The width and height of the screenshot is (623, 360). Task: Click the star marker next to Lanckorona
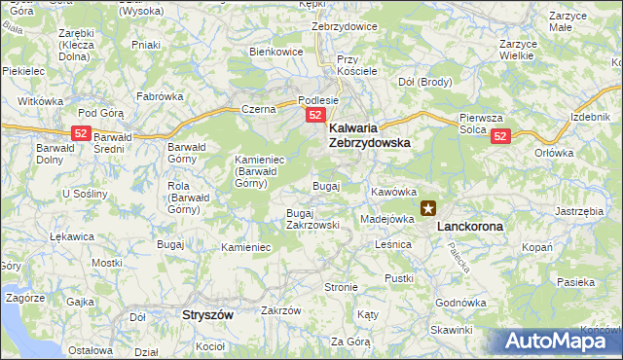click(428, 208)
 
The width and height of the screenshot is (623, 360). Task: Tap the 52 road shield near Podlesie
click(315, 116)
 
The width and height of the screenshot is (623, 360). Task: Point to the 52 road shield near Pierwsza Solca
click(500, 137)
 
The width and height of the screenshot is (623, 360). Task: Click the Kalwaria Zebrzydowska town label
click(369, 134)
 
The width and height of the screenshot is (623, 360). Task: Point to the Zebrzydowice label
click(344, 26)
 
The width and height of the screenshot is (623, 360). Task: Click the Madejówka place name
click(387, 219)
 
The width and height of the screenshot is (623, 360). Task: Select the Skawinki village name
click(450, 329)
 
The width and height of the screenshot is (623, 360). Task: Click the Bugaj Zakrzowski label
click(312, 219)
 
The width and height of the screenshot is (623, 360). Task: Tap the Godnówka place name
click(460, 303)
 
